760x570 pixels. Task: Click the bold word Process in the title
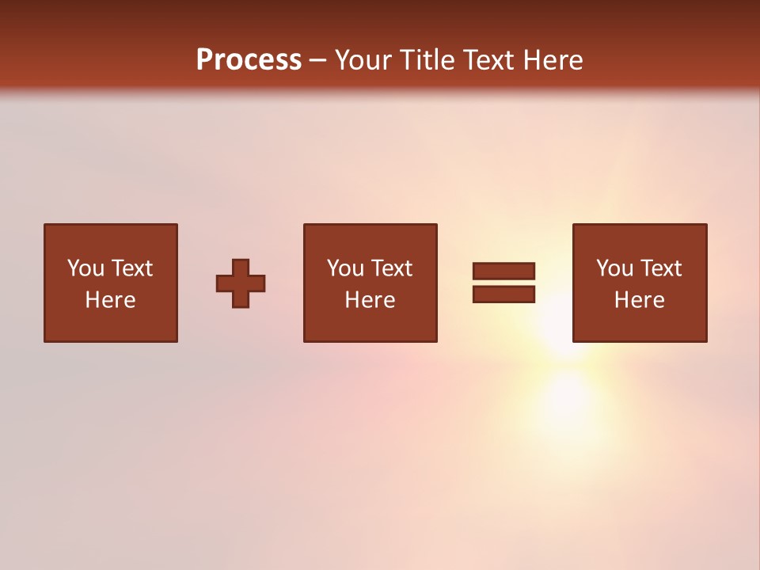tap(249, 60)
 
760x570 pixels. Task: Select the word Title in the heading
tap(430, 60)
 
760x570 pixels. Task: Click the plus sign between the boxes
tap(241, 283)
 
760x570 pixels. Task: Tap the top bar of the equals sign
tap(503, 271)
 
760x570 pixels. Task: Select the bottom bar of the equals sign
tap(503, 294)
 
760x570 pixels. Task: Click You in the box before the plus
tap(85, 268)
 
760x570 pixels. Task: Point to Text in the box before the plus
tap(131, 268)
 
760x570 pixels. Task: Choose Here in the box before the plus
tap(110, 300)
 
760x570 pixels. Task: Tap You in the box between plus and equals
tap(345, 268)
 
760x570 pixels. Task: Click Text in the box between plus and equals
tap(391, 268)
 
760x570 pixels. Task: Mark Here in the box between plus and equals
tap(370, 300)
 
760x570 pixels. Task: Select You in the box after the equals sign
tap(614, 268)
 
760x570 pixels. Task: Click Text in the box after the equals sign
tap(660, 268)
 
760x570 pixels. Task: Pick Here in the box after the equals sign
tap(639, 300)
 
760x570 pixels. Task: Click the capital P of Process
tap(205, 60)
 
